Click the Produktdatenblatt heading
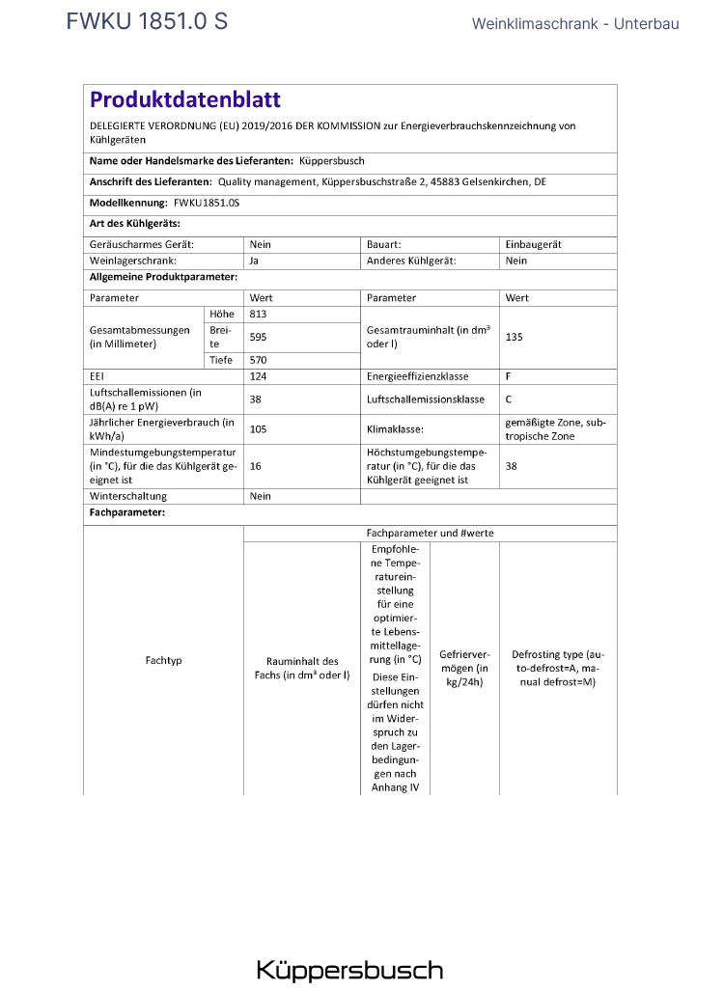pyautogui.click(x=185, y=99)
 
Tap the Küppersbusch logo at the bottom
pyautogui.click(x=349, y=970)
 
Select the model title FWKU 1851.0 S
pyautogui.click(x=147, y=21)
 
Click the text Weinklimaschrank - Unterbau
pyautogui.click(x=575, y=23)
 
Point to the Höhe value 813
pyautogui.click(x=258, y=315)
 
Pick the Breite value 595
pyautogui.click(x=258, y=337)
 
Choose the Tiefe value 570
pyautogui.click(x=258, y=360)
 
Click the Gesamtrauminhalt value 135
pyautogui.click(x=514, y=337)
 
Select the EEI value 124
pyautogui.click(x=258, y=376)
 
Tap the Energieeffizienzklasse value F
pyautogui.click(x=509, y=376)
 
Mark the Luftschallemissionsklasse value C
pyautogui.click(x=509, y=399)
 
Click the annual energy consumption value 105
pyautogui.click(x=258, y=428)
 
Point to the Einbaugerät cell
pyautogui.click(x=533, y=245)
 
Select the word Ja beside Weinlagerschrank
pyautogui.click(x=254, y=261)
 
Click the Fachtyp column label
pyautogui.click(x=163, y=661)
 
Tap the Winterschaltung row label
pyautogui.click(x=127, y=496)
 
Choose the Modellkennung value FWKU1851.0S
pyautogui.click(x=207, y=204)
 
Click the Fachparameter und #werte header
pyautogui.click(x=430, y=533)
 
